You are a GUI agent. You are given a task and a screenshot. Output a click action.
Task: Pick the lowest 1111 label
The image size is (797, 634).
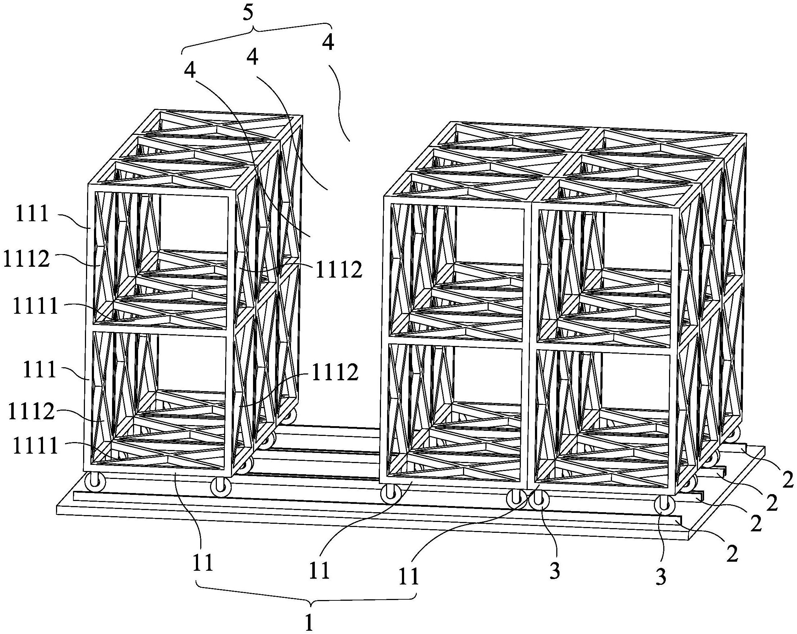tap(36, 446)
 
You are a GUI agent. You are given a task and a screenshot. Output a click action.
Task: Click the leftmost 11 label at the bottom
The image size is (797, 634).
tap(203, 563)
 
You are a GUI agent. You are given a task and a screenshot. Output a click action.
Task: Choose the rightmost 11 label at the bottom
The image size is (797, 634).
tap(408, 575)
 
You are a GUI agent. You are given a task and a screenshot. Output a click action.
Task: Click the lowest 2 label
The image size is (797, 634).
tap(732, 553)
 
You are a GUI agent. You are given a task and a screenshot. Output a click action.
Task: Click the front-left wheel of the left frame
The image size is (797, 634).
tap(95, 483)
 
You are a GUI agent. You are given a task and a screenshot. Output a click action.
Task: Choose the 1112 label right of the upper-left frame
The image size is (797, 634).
tap(338, 271)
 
